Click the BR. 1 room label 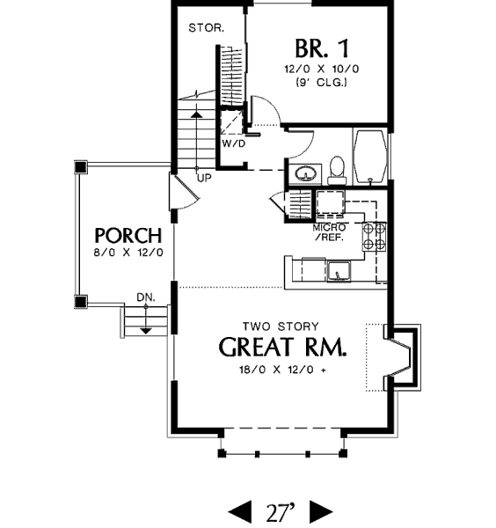pos(322,48)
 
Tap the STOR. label pos(207,28)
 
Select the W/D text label pos(234,143)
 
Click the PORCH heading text pos(128,235)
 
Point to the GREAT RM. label pos(282,347)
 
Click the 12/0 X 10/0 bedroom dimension pos(322,69)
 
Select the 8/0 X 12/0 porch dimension pos(128,253)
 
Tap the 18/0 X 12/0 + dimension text pos(282,370)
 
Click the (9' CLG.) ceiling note pos(321,82)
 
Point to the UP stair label pos(204,178)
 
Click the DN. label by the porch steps pos(146,297)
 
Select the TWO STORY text pos(281,326)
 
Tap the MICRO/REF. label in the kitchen pos(329,232)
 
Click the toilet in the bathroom pos(337,170)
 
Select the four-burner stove pos(374,237)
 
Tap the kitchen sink pos(339,271)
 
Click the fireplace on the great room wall pos(401,357)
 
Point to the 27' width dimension pos(281,512)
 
